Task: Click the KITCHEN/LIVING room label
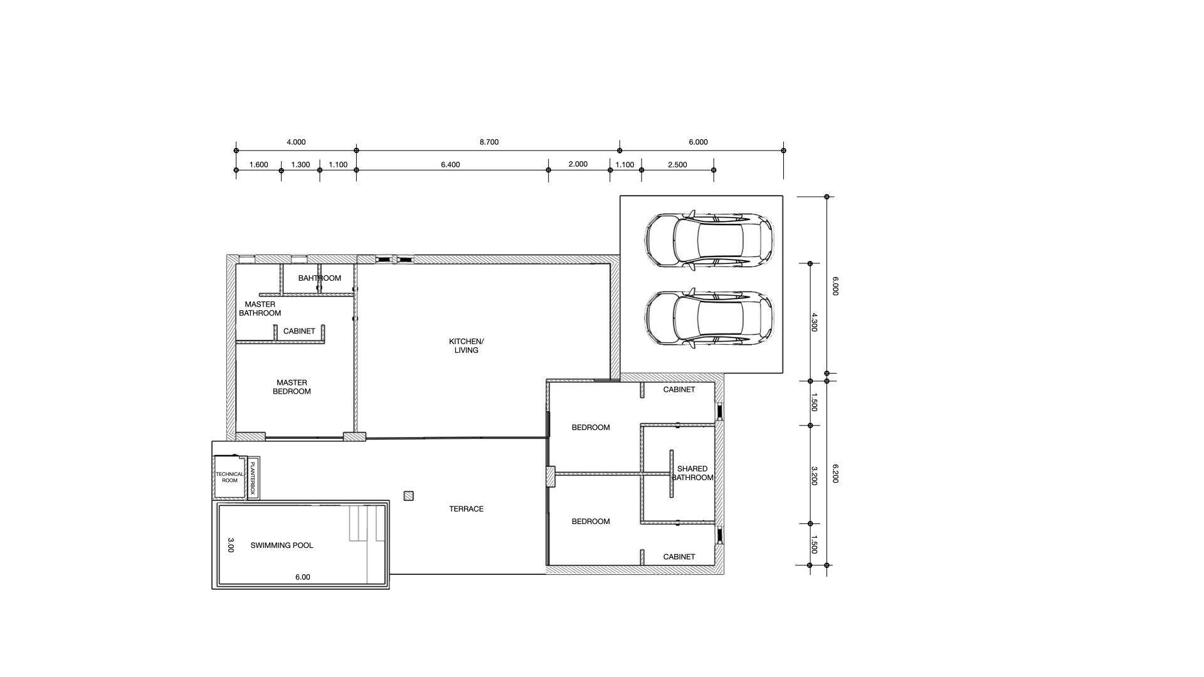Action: point(466,346)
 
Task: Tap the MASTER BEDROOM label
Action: point(292,387)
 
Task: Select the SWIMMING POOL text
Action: point(282,545)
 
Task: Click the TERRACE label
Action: point(466,509)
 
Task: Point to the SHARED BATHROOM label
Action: point(692,473)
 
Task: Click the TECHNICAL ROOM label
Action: point(230,477)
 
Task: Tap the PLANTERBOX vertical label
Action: point(253,478)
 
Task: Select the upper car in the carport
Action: point(709,241)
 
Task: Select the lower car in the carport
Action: point(709,318)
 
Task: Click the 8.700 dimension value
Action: point(488,142)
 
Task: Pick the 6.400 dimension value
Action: point(450,165)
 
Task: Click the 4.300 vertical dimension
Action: point(814,322)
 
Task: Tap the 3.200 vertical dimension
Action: point(814,475)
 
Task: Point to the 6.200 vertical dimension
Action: point(835,473)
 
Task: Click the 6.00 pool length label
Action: point(302,577)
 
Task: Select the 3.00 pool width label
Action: point(230,545)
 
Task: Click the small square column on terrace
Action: point(409,496)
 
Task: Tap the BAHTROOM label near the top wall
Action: point(319,278)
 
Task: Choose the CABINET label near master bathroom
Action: point(299,331)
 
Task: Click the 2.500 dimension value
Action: point(677,165)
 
